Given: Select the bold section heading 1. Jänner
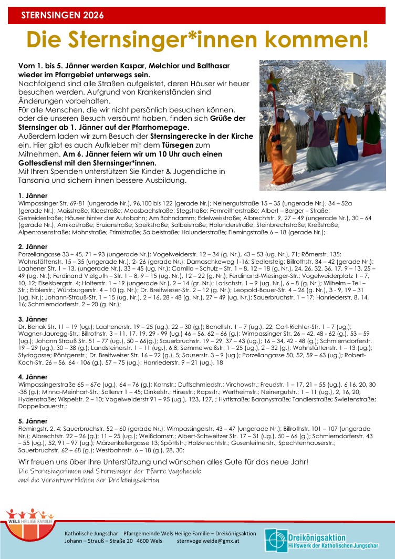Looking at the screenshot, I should click(33, 195).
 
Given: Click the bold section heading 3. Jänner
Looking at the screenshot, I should click(33, 319).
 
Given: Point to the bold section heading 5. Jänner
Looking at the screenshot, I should click(33, 421).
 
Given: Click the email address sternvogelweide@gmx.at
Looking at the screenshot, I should click(209, 541).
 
